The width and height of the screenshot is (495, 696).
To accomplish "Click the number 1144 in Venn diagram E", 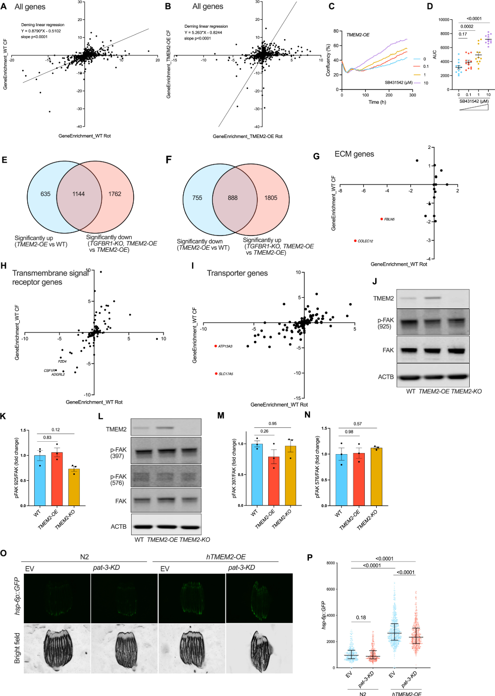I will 79,194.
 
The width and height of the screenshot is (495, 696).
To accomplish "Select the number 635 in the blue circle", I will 46,194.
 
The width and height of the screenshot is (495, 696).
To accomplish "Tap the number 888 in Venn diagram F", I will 233,198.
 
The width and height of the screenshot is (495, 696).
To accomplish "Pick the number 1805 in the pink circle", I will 271,198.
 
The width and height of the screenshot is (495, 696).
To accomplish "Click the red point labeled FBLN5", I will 382,219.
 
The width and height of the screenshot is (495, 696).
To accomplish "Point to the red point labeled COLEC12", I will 355,241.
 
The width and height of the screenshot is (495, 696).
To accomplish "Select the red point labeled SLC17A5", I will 216,373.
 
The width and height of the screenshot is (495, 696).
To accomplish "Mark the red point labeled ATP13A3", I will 216,346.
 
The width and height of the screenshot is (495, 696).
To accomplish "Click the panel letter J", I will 375,281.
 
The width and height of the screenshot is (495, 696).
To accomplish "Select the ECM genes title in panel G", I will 354,154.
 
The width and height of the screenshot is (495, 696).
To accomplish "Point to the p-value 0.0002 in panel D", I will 467,27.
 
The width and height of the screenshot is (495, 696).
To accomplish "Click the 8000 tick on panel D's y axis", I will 445,34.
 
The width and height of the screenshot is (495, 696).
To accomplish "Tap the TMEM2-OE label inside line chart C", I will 357,35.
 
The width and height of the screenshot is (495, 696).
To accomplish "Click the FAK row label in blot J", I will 388,350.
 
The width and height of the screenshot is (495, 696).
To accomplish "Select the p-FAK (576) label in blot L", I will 118,479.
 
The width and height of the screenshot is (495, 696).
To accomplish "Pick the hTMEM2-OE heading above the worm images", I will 226,557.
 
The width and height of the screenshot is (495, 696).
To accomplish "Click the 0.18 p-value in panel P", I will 361,618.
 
